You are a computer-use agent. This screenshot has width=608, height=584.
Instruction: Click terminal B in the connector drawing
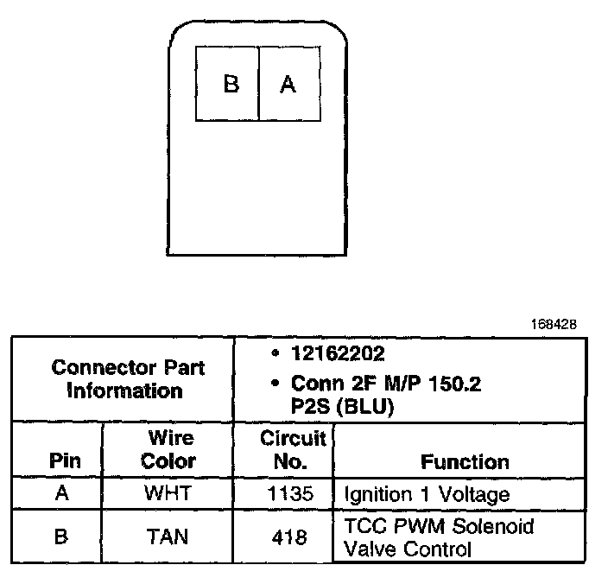[x=230, y=84]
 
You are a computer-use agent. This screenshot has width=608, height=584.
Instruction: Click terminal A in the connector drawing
[x=288, y=84]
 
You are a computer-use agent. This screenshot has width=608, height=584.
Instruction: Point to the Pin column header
[x=66, y=461]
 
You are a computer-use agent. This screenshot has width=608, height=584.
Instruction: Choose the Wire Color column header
[x=168, y=449]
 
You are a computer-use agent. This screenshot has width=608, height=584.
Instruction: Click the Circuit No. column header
[x=284, y=449]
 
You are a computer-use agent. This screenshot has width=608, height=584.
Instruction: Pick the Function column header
[x=465, y=461]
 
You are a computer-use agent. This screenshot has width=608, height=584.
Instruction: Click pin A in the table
[x=61, y=495]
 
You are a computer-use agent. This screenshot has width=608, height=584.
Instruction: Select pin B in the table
[x=61, y=536]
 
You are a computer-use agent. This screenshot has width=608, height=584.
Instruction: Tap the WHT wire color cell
[x=168, y=495]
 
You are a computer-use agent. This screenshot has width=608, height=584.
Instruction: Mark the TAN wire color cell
[x=168, y=536]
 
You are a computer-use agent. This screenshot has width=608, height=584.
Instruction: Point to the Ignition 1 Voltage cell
[x=427, y=495]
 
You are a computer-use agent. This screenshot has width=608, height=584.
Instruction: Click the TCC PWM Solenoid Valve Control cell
[x=439, y=536]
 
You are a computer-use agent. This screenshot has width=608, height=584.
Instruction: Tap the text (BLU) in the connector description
[x=364, y=405]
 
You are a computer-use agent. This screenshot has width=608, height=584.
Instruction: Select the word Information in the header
[x=124, y=390]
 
